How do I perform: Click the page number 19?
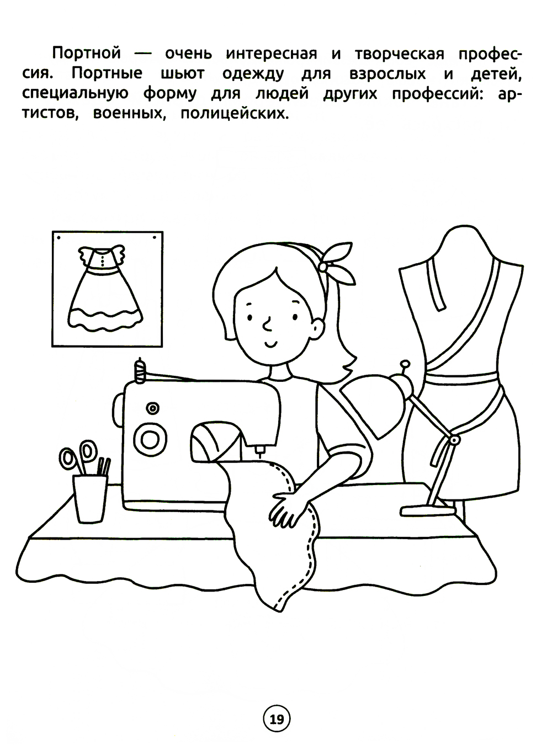[277, 720]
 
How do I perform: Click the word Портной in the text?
[86, 53]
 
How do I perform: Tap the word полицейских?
[235, 114]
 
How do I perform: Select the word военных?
[129, 114]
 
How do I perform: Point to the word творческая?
[400, 54]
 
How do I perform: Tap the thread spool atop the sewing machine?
[140, 371]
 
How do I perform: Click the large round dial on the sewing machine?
[150, 439]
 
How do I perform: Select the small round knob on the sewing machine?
[153, 408]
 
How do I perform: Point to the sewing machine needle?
[259, 451]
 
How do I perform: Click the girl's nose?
[267, 326]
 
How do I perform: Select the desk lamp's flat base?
[428, 510]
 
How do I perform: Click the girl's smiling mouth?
[271, 344]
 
